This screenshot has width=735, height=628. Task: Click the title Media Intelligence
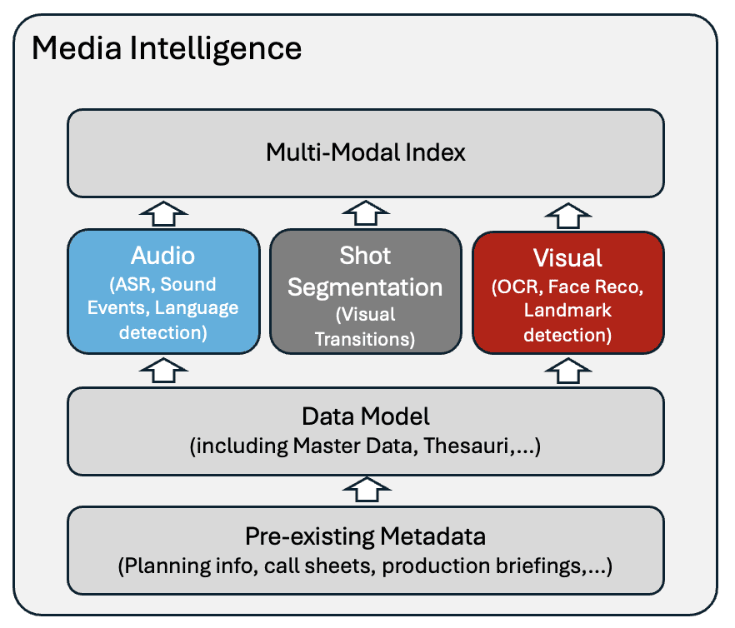tap(167, 48)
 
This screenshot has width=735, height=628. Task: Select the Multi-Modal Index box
tap(365, 152)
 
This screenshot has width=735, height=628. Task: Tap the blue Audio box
tap(162, 292)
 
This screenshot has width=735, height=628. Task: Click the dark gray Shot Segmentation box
tap(365, 292)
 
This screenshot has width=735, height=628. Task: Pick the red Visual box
tap(567, 292)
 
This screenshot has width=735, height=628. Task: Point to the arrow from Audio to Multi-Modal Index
tap(162, 213)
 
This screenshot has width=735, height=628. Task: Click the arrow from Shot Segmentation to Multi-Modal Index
tap(365, 213)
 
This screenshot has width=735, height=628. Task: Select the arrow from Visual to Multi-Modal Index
tap(567, 213)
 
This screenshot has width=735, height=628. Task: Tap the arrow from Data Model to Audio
tap(162, 371)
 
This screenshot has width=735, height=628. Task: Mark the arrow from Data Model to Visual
tap(567, 371)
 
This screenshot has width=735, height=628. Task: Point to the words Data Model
tap(365, 415)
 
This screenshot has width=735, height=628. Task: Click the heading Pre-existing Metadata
tap(365, 535)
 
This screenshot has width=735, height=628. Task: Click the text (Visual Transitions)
tap(365, 327)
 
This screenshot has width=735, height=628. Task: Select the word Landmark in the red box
tap(567, 311)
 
